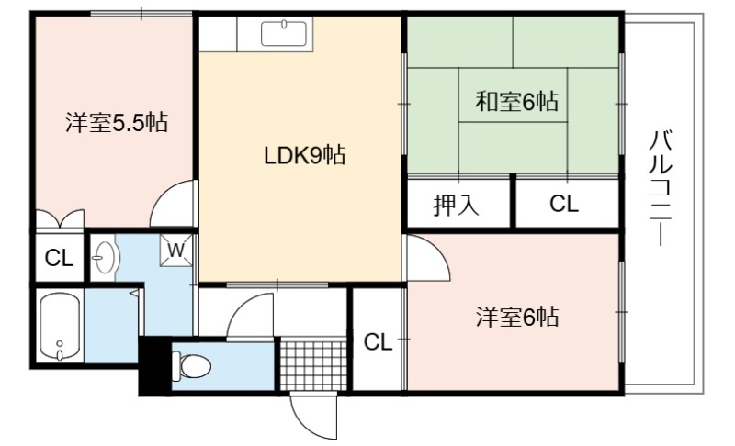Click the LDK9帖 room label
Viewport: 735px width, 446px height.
pyautogui.click(x=305, y=155)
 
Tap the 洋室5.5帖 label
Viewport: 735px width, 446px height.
pyautogui.click(x=117, y=123)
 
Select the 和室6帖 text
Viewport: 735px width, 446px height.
pyautogui.click(x=517, y=101)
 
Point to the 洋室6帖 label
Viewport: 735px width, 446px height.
pyautogui.click(x=517, y=317)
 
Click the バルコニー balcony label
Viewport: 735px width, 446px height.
pyautogui.click(x=661, y=188)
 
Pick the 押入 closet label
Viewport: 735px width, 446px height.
pyautogui.click(x=456, y=205)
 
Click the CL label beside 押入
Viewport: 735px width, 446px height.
pyautogui.click(x=564, y=204)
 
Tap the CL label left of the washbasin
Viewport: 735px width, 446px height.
pyautogui.click(x=59, y=258)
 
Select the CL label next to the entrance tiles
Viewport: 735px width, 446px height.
pyautogui.click(x=378, y=342)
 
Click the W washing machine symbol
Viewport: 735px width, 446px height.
pyautogui.click(x=175, y=250)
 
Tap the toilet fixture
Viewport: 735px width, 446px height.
pyautogui.click(x=191, y=365)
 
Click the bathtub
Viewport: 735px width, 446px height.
pyautogui.click(x=60, y=326)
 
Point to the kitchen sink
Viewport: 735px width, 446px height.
pyautogui.click(x=284, y=33)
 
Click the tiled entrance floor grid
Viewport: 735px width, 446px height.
pyautogui.click(x=313, y=365)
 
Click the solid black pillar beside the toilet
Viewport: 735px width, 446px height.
pyautogui.click(x=154, y=365)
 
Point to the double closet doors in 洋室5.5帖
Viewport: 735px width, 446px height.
pyautogui.click(x=60, y=218)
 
